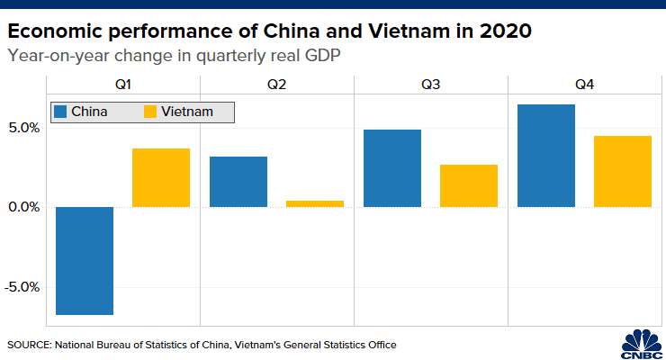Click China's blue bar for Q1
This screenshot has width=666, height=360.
click(x=85, y=261)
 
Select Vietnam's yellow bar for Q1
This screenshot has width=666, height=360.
click(x=161, y=177)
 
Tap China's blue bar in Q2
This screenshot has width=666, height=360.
click(x=238, y=182)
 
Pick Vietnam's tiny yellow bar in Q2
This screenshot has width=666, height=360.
click(x=315, y=203)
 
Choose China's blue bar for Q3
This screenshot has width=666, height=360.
click(x=392, y=168)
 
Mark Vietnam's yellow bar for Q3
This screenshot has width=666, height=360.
click(x=469, y=185)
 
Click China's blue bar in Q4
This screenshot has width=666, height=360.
click(x=546, y=156)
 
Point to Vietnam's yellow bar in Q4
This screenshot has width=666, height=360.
click(x=623, y=171)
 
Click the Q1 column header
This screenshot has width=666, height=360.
click(x=122, y=86)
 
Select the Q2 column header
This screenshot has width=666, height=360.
click(x=276, y=86)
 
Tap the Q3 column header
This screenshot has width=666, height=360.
click(x=430, y=86)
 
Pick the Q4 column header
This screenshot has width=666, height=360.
click(x=584, y=86)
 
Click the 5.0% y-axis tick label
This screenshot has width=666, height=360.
click(x=24, y=128)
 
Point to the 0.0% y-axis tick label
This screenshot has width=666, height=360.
click(x=24, y=207)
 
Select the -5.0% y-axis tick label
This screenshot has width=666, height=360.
click(x=22, y=287)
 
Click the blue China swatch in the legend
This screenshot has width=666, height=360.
click(x=61, y=112)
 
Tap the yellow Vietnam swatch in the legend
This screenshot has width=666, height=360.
click(x=150, y=112)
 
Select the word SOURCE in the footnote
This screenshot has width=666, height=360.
click(x=28, y=345)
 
